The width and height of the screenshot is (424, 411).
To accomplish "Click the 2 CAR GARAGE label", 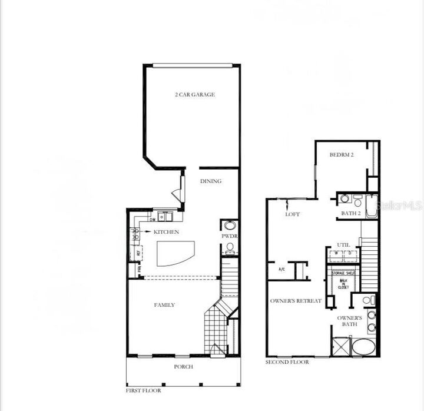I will tap(194, 94).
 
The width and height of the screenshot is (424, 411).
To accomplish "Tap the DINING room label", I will tap(210, 181).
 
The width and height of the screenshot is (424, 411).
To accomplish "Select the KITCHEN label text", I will tap(166, 232).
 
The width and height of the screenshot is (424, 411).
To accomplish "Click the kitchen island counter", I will tap(176, 254).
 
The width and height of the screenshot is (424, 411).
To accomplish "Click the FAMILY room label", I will tap(164, 304).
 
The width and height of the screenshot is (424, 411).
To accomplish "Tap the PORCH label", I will tap(183, 366).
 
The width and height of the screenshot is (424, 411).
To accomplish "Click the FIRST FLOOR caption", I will tap(144, 390).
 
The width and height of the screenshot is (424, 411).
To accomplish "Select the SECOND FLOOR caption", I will tap(287, 362).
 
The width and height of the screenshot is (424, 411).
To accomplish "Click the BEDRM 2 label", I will tap(340, 155).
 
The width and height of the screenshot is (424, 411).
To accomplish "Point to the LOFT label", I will tap(293, 214).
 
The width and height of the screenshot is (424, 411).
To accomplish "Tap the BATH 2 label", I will tap(350, 213).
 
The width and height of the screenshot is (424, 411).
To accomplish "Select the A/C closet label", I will tap(282, 269).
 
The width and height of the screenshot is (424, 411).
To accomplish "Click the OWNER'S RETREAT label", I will tap(296, 301).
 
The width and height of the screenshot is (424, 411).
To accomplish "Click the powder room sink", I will tap(230, 226).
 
